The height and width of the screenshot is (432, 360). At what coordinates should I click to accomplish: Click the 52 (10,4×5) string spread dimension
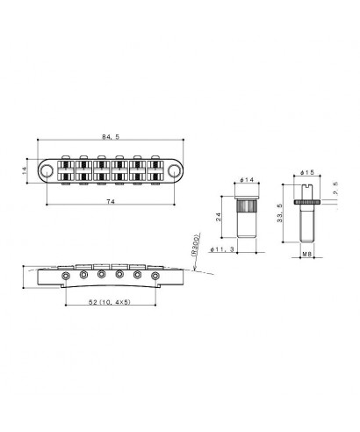tap(111, 301)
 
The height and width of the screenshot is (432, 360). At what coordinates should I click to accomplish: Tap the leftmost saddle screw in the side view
tap(67, 275)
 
